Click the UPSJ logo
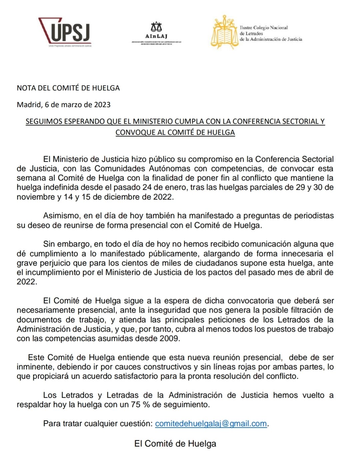65,32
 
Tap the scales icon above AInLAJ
156,27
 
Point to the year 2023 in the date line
102,105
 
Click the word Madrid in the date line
29,105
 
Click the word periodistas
313,216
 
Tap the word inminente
35,367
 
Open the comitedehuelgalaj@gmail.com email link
211,424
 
